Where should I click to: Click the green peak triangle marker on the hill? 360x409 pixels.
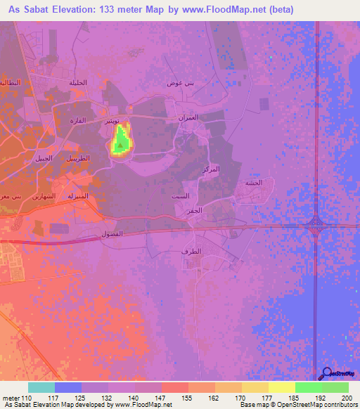pyautogui.click(x=120, y=145)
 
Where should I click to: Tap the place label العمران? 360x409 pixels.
pyautogui.click(x=196, y=118)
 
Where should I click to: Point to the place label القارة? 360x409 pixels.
pyautogui.click(x=77, y=121)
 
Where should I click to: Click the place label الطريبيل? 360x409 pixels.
pyautogui.click(x=77, y=159)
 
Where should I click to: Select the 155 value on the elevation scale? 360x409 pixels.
pyautogui.click(x=188, y=398)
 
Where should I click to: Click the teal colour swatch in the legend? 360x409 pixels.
pyautogui.click(x=41, y=387)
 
